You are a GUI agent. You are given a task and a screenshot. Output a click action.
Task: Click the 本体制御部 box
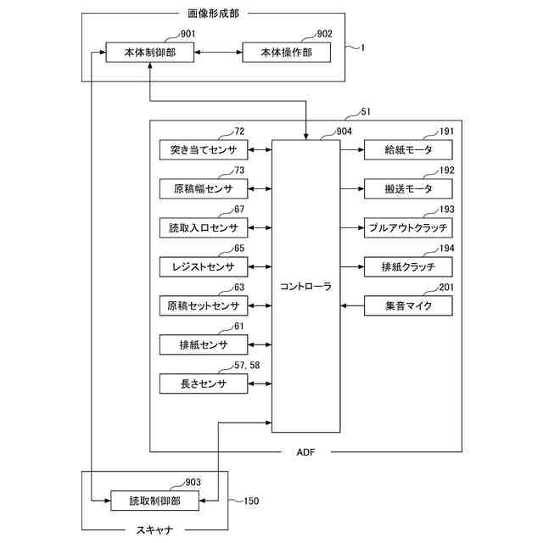(x=149, y=53)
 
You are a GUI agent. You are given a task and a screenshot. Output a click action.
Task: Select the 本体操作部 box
(x=287, y=53)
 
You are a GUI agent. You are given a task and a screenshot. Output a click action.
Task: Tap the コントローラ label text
(x=305, y=287)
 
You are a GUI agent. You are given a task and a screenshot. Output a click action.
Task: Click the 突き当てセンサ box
(x=204, y=150)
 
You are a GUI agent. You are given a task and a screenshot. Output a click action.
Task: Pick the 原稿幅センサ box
(x=204, y=188)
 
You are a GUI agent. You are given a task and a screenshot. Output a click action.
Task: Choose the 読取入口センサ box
(x=204, y=228)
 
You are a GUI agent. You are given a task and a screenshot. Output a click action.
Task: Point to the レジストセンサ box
(x=204, y=267)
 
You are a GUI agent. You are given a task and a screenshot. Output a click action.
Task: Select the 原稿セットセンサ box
(x=204, y=305)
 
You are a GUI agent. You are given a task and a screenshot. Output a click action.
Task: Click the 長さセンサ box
(x=204, y=383)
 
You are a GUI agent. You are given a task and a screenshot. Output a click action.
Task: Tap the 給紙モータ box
(x=408, y=150)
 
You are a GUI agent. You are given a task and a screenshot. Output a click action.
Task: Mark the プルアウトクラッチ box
(x=408, y=228)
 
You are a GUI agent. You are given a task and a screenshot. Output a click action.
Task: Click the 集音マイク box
(x=408, y=305)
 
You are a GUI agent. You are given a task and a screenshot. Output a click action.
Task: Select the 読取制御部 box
(x=154, y=501)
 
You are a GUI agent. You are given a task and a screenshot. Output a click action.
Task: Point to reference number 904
(x=344, y=132)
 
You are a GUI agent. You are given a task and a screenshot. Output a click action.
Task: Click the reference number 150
(x=251, y=501)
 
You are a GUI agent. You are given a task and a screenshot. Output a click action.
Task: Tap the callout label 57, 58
(x=247, y=366)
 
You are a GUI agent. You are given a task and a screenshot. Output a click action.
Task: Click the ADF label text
(x=305, y=452)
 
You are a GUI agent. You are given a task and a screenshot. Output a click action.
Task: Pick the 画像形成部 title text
(x=213, y=14)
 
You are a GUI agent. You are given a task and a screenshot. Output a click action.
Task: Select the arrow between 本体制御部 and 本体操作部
(x=218, y=53)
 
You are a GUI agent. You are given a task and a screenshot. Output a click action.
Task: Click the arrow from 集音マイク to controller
(x=352, y=305)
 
